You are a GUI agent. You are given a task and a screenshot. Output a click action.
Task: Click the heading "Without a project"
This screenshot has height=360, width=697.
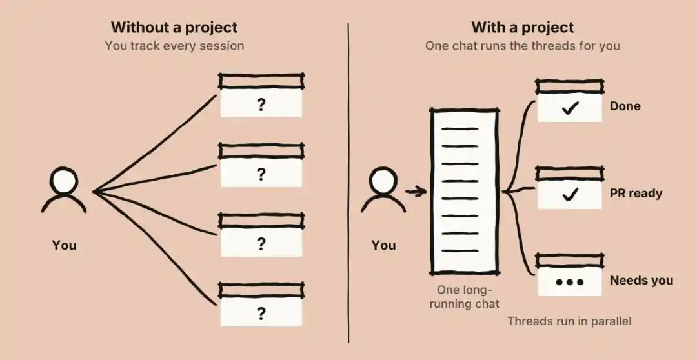click(x=174, y=28)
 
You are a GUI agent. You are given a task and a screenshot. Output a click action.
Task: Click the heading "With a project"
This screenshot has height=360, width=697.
click(x=522, y=28)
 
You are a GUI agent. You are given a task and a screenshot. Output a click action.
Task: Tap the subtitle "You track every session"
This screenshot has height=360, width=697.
click(x=174, y=46)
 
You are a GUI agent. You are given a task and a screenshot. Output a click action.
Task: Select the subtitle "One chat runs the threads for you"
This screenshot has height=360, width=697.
click(x=522, y=46)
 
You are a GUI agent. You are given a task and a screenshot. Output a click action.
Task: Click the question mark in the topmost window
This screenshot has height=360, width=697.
click(x=261, y=105)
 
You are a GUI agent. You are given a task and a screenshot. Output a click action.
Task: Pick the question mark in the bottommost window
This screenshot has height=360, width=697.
click(x=261, y=314)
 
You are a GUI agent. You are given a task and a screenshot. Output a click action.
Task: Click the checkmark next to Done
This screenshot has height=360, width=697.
click(x=570, y=108)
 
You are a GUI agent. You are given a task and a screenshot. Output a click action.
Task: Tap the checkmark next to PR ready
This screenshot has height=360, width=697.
click(x=570, y=195)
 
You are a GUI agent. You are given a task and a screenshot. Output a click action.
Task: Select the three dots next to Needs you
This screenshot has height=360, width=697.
click(x=570, y=282)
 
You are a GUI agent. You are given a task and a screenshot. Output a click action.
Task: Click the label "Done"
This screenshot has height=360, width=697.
click(x=625, y=106)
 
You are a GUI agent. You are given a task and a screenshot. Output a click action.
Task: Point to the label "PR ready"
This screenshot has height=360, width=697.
click(x=636, y=194)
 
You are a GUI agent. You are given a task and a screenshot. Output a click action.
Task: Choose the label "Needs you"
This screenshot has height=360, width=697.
click(x=641, y=281)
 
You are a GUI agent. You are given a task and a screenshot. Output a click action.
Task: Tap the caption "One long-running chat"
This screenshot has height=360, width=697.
click(x=465, y=297)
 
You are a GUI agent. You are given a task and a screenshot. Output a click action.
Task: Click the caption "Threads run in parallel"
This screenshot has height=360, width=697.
click(x=569, y=321)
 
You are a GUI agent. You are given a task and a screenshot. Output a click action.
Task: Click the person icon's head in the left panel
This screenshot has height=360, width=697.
click(x=64, y=181)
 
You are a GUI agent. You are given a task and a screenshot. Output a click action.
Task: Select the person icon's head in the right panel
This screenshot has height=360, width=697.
click(x=383, y=181)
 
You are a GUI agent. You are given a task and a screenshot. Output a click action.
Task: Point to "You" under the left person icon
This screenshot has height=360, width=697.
click(x=64, y=245)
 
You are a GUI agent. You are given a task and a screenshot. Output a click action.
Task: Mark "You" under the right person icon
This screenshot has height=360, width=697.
click(x=383, y=245)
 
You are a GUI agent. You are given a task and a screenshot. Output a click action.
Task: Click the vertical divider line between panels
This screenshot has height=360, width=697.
click(x=348, y=183)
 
